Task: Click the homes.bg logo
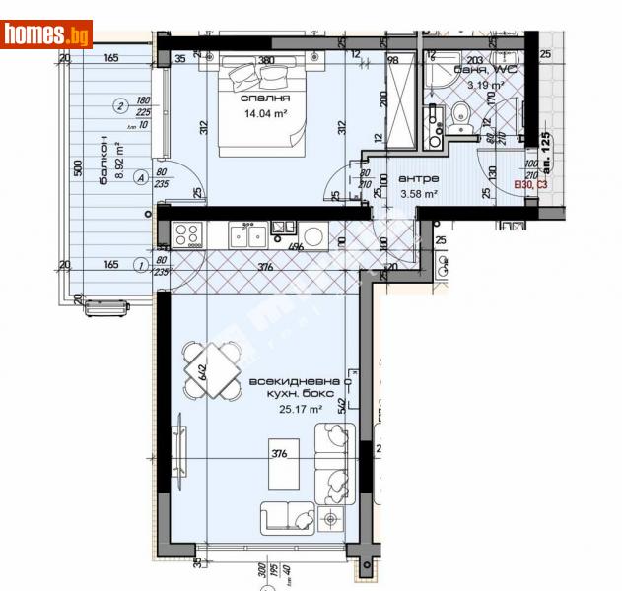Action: pos(46,34)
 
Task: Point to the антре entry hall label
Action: pos(413,179)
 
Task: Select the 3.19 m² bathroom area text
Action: pos(484,86)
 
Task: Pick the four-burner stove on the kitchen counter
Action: pos(186,234)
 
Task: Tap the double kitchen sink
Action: pos(245,234)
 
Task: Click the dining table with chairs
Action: pos(212,369)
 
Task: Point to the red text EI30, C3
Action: pos(528,184)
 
